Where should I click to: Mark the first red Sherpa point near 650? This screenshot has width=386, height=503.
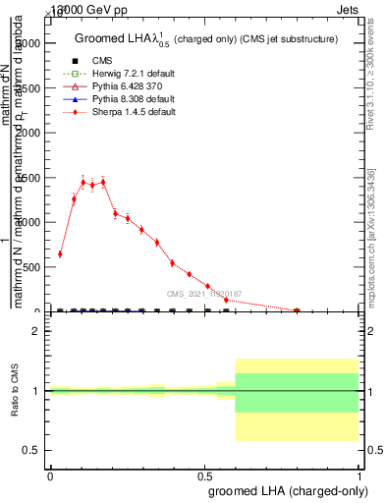(x=60, y=253)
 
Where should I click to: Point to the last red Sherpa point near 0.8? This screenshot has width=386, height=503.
(x=297, y=309)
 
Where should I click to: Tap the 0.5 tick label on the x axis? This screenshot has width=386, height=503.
(x=204, y=475)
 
